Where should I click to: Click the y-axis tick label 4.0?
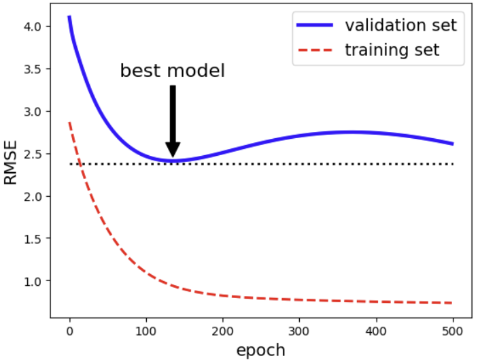pos(33,27)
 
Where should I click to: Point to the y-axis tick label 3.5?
pos(33,69)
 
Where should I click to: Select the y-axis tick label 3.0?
pos(33,112)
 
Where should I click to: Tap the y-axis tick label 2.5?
pos(33,154)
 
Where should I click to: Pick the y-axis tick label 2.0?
pos(33,197)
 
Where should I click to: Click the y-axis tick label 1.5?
pos(33,239)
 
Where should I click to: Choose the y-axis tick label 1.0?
pos(33,281)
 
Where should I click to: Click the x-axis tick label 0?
pos(69,332)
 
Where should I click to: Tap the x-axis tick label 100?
pos(146,332)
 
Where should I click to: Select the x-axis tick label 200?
pos(222,332)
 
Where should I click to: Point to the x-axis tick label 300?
pos(298,332)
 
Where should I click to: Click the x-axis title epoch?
pos(260,350)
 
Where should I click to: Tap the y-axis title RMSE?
pos(11,163)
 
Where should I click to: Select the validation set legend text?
pos(400,26)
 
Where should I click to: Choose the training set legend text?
pos(392,50)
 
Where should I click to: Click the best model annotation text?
pos(172,71)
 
